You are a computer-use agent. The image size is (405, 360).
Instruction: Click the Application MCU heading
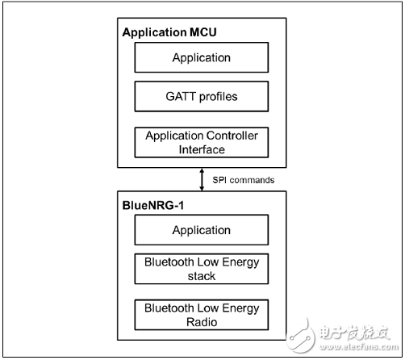[169, 32]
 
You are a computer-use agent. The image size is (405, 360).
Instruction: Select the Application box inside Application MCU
[202, 57]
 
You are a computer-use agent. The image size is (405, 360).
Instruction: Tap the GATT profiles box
[202, 96]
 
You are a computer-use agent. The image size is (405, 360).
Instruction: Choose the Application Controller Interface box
[202, 142]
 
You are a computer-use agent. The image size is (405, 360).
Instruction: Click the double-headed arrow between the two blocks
[202, 179]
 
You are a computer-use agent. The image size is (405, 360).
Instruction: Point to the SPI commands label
[244, 180]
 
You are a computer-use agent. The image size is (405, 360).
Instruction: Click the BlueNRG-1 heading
[153, 206]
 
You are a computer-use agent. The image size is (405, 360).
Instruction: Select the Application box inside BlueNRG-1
[202, 230]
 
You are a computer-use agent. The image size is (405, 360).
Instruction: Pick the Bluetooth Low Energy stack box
[202, 269]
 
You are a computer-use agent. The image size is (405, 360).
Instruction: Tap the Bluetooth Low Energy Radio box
[202, 315]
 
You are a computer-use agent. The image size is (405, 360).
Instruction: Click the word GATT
[181, 96]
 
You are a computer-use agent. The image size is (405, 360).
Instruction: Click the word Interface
[202, 149]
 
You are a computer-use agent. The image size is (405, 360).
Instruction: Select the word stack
[202, 276]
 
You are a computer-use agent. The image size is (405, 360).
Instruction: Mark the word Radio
[202, 322]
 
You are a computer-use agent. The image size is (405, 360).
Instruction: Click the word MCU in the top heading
[203, 32]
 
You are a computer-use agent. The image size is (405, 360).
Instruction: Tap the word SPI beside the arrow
[219, 180]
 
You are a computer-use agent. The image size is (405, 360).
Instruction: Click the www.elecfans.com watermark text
[359, 347]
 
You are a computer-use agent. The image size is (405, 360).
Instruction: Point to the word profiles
[219, 97]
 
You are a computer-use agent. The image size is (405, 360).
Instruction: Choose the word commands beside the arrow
[252, 180]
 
